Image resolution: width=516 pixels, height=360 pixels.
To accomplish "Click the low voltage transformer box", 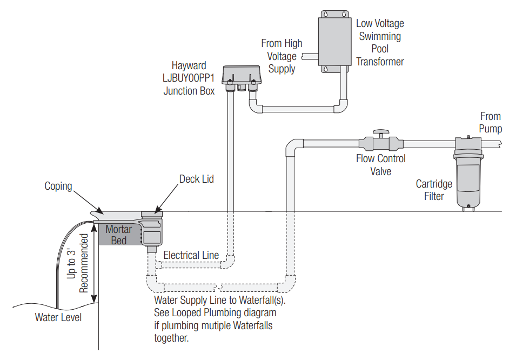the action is click(334, 42).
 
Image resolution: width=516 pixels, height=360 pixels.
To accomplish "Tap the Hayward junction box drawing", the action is click(242, 78).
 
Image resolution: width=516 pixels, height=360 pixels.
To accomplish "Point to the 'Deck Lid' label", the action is click(197, 179).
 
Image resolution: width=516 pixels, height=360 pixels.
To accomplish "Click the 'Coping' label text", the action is click(58, 186).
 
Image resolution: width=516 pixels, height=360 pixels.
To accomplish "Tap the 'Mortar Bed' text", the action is click(118, 235).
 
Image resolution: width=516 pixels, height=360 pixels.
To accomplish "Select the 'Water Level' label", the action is click(58, 317).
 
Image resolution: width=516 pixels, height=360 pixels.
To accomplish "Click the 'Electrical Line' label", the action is click(191, 255).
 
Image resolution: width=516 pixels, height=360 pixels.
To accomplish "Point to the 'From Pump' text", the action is click(490, 122).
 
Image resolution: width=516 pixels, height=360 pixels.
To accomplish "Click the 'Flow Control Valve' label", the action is click(381, 165).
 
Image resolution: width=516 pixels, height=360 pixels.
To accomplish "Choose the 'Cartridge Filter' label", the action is click(434, 190).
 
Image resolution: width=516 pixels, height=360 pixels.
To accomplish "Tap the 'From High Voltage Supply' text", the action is click(282, 56).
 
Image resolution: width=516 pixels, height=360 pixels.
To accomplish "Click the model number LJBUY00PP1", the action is click(189, 78).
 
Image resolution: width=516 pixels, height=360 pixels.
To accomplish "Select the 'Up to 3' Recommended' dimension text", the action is click(78, 263).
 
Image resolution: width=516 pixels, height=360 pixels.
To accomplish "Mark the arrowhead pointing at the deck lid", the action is click(158, 210).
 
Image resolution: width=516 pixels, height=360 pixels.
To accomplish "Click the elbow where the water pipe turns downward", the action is click(294, 147).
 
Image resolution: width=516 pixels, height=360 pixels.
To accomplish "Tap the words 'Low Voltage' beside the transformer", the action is click(380, 23).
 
